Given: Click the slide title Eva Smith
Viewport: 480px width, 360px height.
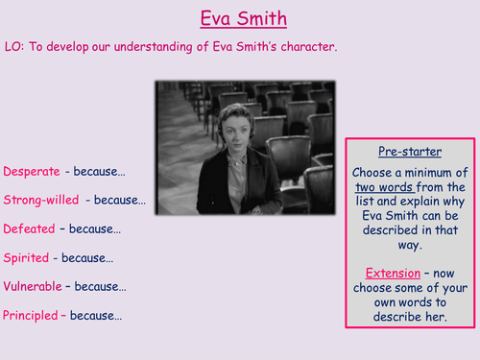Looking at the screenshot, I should (240, 18).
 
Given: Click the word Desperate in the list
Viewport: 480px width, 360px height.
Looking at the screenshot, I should (31, 172).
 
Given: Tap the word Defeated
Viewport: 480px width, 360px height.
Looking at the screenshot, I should (29, 229).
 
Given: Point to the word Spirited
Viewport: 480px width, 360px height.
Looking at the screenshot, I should (26, 258).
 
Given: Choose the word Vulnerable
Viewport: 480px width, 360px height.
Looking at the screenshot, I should (33, 286).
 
